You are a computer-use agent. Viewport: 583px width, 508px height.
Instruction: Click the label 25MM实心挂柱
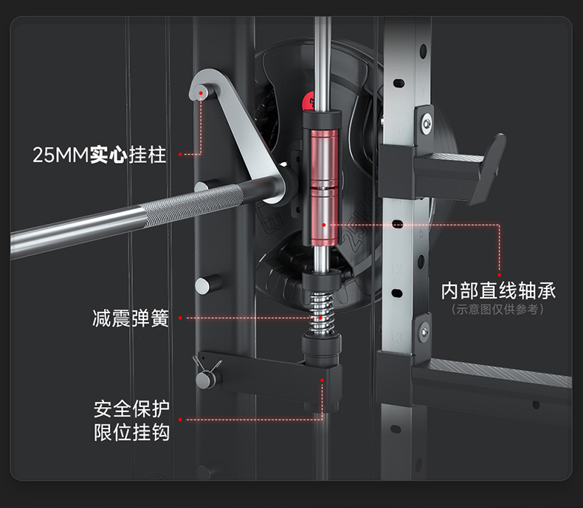tap(100, 155)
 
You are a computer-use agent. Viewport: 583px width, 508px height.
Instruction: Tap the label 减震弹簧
tap(131, 319)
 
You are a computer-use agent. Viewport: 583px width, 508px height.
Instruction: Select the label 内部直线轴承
tap(498, 290)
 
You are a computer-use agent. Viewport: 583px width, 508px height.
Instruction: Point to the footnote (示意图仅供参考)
tap(498, 310)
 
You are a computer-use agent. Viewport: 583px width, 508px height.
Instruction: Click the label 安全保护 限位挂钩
tap(131, 419)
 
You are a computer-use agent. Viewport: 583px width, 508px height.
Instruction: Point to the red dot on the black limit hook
tap(322, 380)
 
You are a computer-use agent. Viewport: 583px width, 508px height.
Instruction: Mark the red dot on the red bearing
tap(323, 223)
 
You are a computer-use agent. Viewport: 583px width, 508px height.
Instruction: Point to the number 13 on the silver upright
tap(399, 337)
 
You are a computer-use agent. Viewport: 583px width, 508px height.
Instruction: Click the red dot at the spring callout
tap(181, 319)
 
